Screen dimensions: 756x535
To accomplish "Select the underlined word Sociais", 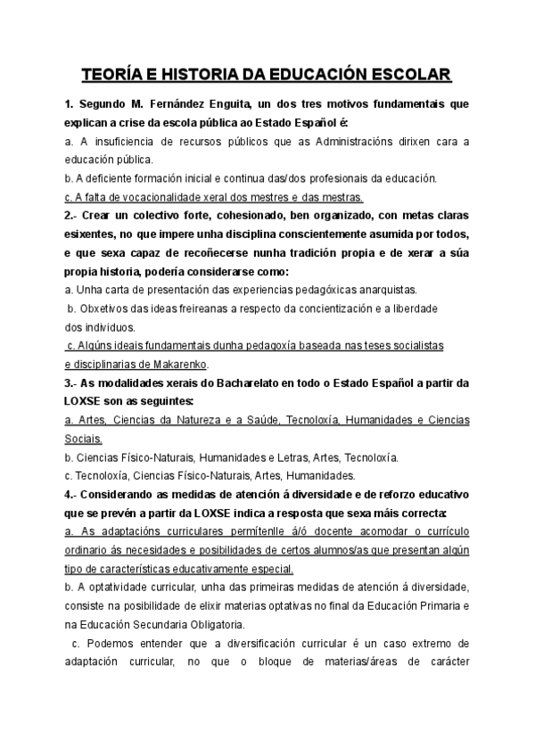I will [x=84, y=440].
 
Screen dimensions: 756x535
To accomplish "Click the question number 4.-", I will [x=72, y=495].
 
